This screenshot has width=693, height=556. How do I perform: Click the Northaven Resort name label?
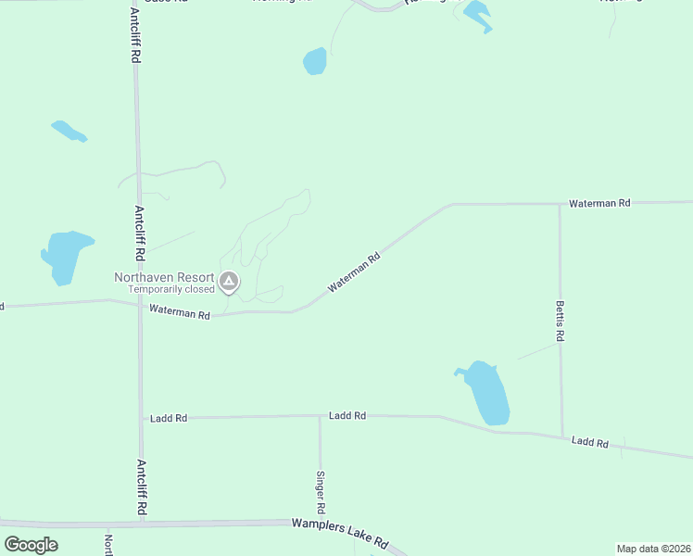[x=164, y=277]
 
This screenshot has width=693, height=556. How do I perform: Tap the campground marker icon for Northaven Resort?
[x=229, y=281]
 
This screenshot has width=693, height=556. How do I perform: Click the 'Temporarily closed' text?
[x=171, y=289]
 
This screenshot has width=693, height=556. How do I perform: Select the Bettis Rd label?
[x=560, y=321]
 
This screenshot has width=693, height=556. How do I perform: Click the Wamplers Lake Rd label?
[x=339, y=533]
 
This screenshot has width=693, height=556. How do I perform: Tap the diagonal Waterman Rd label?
[x=354, y=275]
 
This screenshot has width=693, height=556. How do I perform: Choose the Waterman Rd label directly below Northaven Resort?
[x=180, y=313]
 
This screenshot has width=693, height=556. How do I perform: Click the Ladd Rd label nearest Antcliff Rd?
[x=169, y=418]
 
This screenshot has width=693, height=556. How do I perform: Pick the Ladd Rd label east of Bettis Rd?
[x=590, y=443]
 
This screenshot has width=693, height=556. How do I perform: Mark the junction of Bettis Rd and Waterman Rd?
[x=559, y=203]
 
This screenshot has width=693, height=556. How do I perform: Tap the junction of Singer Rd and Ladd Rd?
[x=321, y=417]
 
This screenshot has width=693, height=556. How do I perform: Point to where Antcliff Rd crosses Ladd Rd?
[x=141, y=418]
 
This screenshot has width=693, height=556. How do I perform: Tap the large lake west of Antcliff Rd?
[x=65, y=254]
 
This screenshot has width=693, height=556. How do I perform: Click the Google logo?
[x=31, y=544]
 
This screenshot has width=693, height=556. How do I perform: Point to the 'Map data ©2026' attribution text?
[x=652, y=549]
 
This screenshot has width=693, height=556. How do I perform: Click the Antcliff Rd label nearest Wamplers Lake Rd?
[x=142, y=488]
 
